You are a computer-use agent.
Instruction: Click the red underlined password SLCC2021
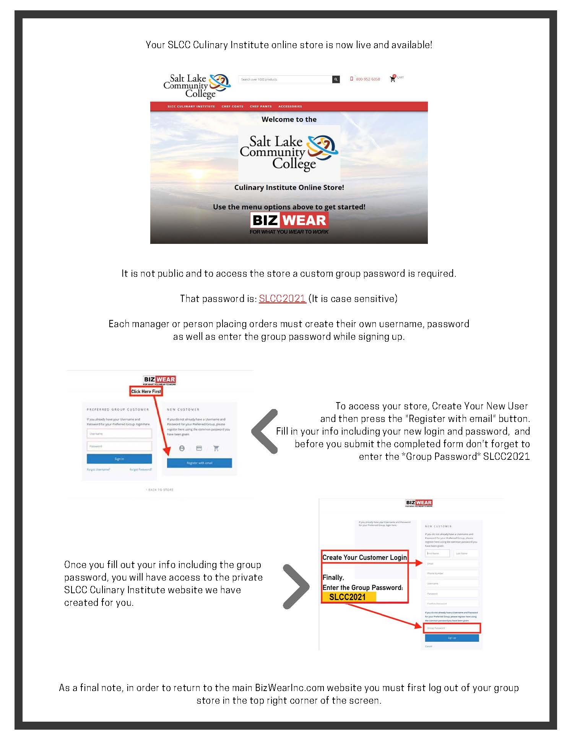coord(282,299)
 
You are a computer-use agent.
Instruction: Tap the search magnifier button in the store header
coord(336,80)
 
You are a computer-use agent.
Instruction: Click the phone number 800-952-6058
coord(367,79)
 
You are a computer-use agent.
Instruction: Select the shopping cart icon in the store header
coord(392,79)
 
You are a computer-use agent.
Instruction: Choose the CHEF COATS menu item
coord(232,106)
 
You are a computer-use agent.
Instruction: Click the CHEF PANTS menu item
coord(261,106)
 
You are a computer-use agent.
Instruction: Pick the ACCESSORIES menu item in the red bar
coord(290,106)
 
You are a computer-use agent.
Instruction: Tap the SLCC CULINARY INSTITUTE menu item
coord(191,106)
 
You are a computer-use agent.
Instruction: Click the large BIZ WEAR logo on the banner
coord(289,221)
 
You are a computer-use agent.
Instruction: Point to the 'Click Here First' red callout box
coord(146,391)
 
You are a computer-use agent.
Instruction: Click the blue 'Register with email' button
coord(199,463)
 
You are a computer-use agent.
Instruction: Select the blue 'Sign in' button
coord(119,459)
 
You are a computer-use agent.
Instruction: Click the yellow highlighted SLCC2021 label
coord(347,597)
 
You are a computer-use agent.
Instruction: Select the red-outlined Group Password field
coord(452,628)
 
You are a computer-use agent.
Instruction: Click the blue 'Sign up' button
coord(452,638)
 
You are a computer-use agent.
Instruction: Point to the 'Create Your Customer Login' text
coord(364,557)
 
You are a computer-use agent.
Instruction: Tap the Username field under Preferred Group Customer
coord(119,434)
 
